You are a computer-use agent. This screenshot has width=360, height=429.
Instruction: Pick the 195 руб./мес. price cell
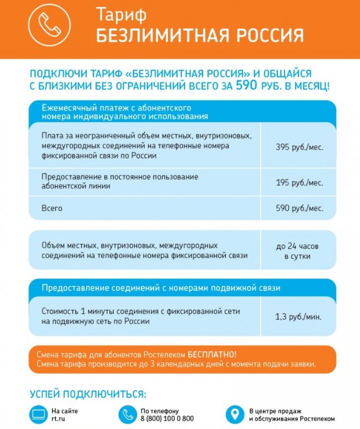click(x=299, y=183)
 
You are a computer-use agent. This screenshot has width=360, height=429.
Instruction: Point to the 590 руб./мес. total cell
click(x=299, y=208)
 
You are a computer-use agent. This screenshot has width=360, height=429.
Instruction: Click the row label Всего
click(x=52, y=208)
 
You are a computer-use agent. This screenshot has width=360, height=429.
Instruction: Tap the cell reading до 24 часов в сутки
click(x=299, y=251)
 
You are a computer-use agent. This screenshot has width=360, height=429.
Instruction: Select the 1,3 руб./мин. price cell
click(x=299, y=317)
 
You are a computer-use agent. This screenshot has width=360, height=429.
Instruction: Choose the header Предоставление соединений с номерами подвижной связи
click(x=161, y=288)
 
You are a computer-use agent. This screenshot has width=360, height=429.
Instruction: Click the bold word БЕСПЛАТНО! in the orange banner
click(x=212, y=355)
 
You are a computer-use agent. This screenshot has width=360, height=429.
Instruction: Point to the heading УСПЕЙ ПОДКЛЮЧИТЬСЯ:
click(x=87, y=394)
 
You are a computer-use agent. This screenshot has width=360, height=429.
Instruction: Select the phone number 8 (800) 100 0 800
click(x=167, y=419)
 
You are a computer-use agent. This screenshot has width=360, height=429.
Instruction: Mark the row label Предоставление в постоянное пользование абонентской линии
click(x=120, y=181)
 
